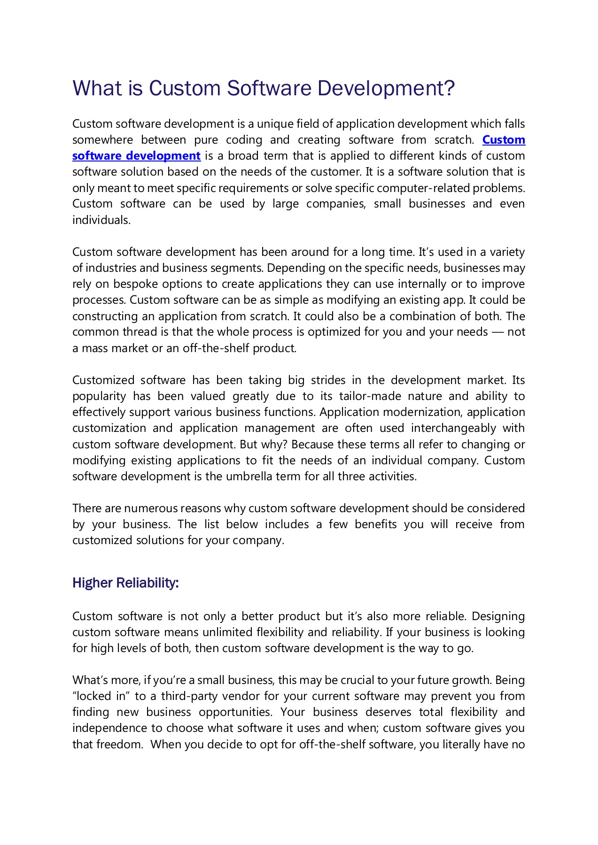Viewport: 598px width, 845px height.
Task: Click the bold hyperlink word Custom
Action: pos(504,140)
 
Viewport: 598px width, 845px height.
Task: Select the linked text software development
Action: pos(136,156)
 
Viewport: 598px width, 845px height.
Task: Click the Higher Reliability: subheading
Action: pos(125,583)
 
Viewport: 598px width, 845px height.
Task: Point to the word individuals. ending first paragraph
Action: pos(101,220)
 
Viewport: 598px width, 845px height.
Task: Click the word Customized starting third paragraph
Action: pos(103,380)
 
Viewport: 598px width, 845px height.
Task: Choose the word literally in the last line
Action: pos(462,745)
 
